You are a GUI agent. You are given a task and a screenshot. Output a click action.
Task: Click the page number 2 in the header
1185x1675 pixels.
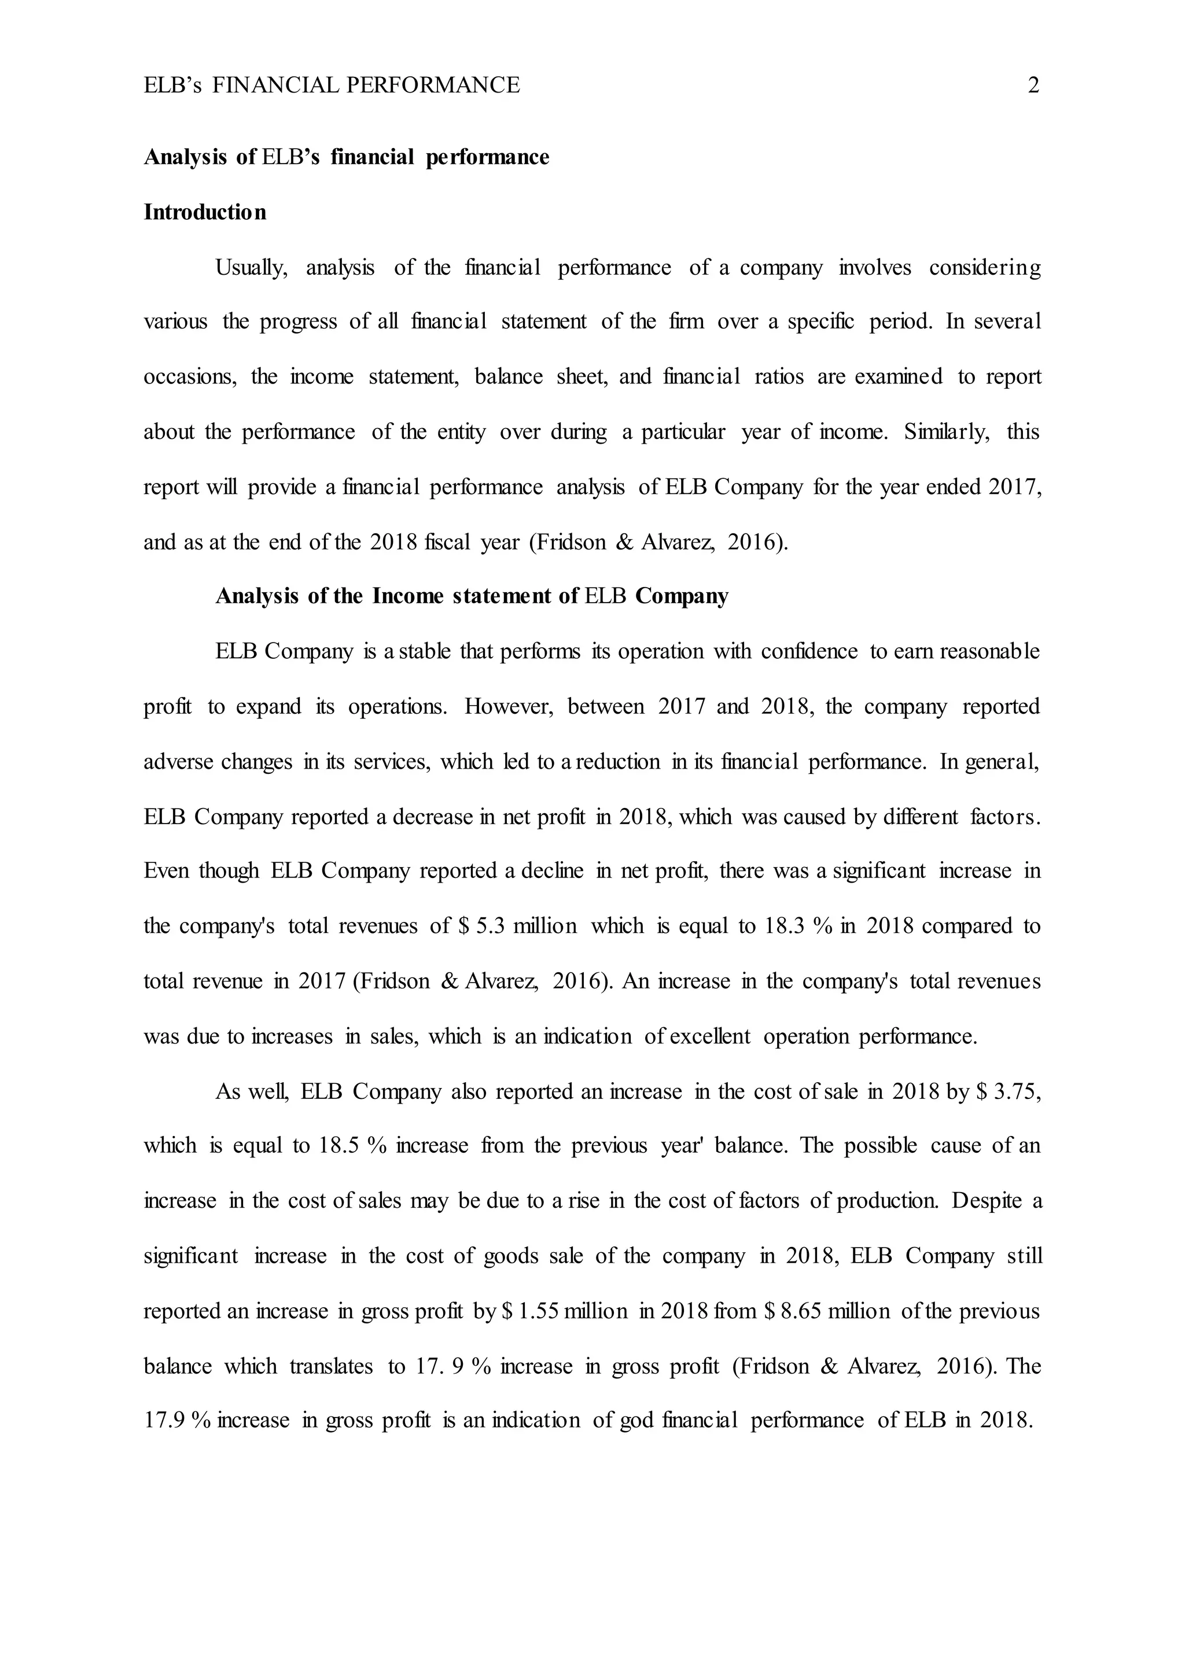click(1033, 86)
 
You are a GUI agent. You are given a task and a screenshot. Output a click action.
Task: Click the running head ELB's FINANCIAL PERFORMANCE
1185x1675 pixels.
click(332, 86)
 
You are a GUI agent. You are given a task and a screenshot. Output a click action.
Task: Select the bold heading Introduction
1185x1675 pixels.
click(205, 212)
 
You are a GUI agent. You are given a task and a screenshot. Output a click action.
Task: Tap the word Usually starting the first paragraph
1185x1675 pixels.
click(251, 268)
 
